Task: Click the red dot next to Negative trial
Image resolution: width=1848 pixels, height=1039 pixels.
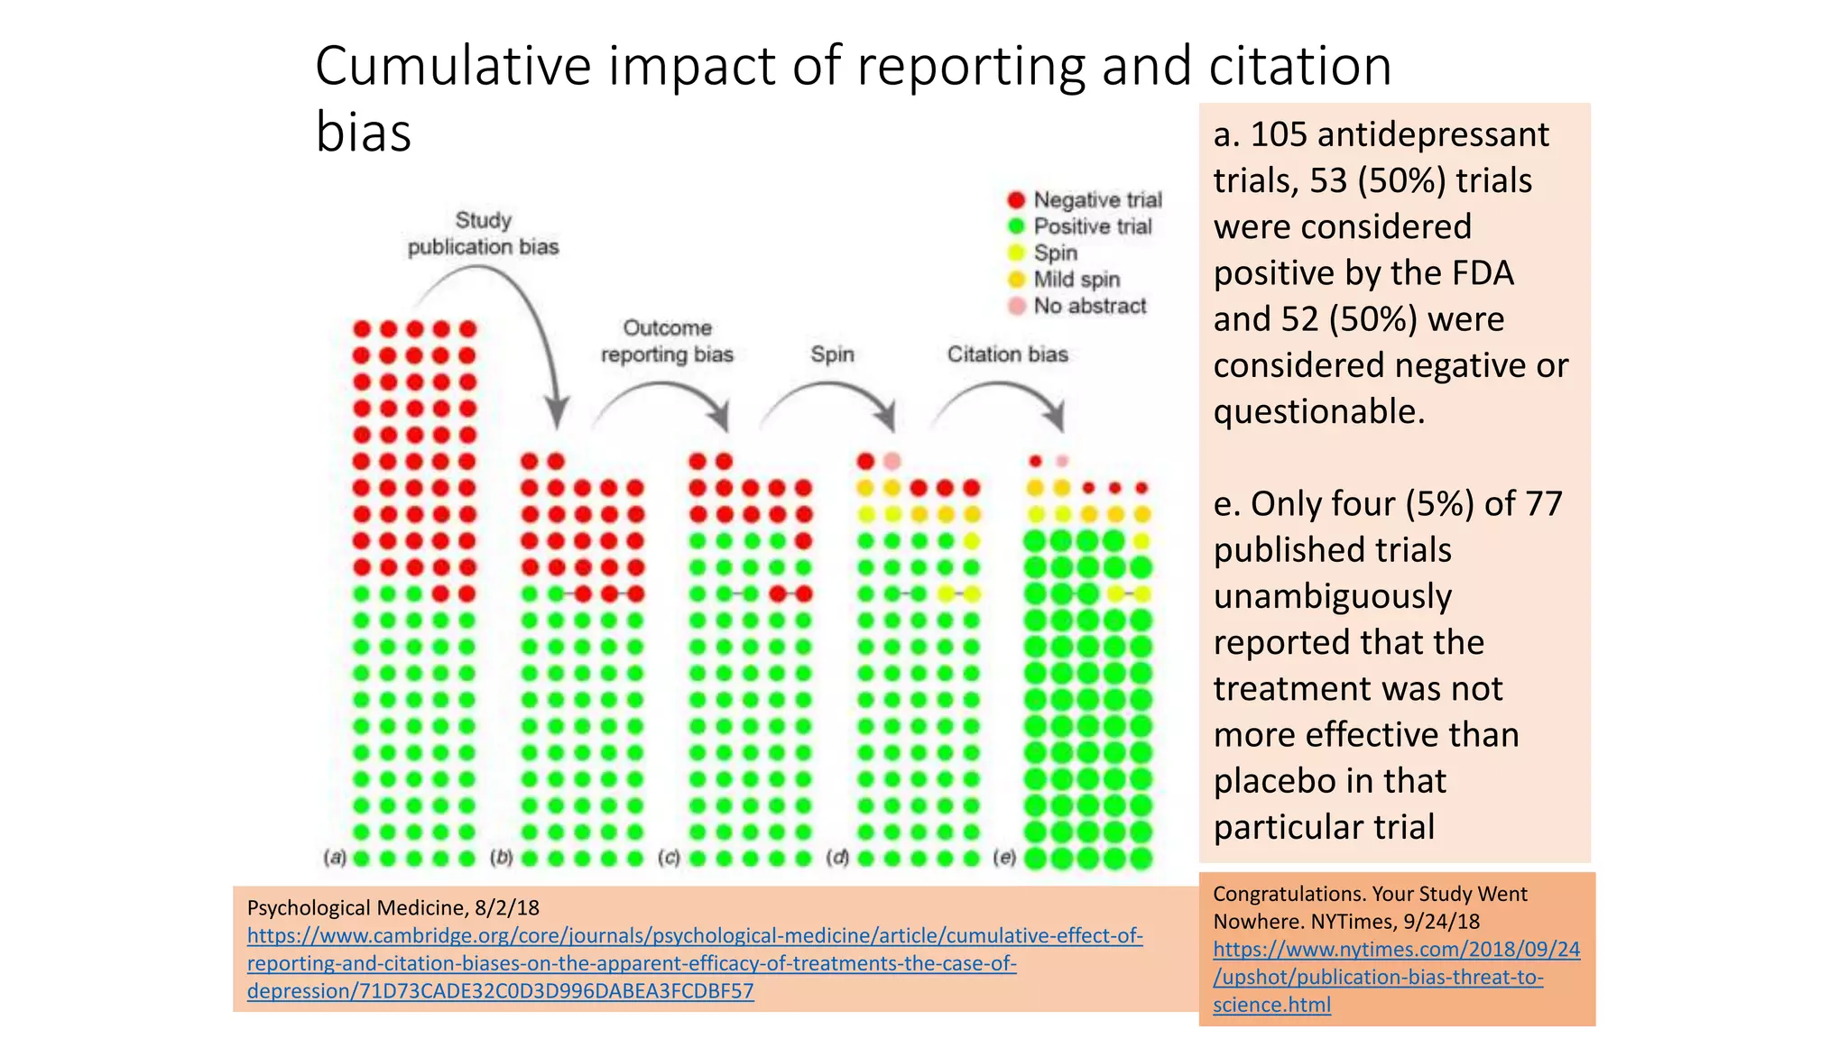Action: pyautogui.click(x=1016, y=199)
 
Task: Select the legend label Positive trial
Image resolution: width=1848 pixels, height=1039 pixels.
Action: pyautogui.click(x=1092, y=226)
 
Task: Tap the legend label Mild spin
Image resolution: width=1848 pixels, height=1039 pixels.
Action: pyautogui.click(x=1076, y=280)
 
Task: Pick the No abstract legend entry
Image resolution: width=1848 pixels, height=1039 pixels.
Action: pyautogui.click(x=1089, y=306)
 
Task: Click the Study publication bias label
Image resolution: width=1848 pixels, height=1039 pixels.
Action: pyautogui.click(x=483, y=234)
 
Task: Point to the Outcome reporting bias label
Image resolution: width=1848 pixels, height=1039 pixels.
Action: pyautogui.click(x=667, y=341)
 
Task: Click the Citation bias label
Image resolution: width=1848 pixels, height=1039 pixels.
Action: pyautogui.click(x=1007, y=354)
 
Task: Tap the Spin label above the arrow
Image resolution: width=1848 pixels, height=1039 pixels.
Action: pyautogui.click(x=832, y=354)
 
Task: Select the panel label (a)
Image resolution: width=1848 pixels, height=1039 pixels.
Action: pyautogui.click(x=335, y=858)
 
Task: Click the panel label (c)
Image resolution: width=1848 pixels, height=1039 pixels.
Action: pyautogui.click(x=669, y=858)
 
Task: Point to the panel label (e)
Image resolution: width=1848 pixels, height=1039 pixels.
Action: pyautogui.click(x=1004, y=858)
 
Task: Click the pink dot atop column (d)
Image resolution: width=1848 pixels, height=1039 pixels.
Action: pyautogui.click(x=892, y=461)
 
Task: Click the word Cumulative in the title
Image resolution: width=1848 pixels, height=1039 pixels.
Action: pyautogui.click(x=455, y=66)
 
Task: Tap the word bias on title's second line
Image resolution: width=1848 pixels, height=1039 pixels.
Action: pyautogui.click(x=363, y=132)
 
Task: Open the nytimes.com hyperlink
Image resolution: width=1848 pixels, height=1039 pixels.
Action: pyautogui.click(x=1395, y=976)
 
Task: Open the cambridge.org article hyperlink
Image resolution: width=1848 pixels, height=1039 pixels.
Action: pyautogui.click(x=694, y=963)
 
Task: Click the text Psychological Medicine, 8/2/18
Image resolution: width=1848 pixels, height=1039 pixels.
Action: pyautogui.click(x=393, y=907)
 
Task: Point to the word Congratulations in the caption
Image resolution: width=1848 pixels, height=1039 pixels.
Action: pyautogui.click(x=1288, y=894)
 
